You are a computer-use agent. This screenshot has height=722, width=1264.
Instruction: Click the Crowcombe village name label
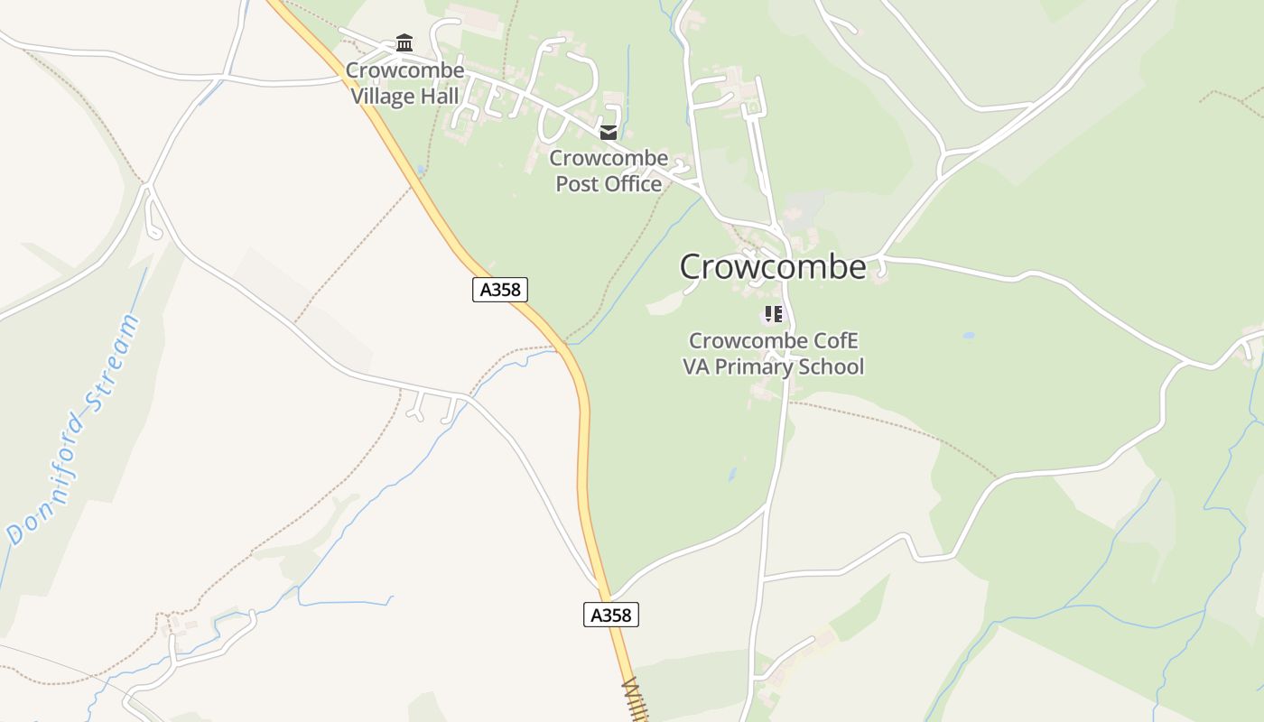click(x=773, y=267)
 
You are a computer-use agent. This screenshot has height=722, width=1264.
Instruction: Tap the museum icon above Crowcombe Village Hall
click(x=404, y=43)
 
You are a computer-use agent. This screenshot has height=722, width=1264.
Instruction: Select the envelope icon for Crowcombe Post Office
click(x=609, y=133)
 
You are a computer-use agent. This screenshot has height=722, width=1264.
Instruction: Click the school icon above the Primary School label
click(x=773, y=314)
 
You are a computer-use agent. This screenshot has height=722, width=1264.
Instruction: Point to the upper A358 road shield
click(x=499, y=290)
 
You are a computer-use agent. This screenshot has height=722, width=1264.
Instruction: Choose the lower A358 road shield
click(x=610, y=615)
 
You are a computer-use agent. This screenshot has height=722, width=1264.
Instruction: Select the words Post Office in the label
click(x=609, y=183)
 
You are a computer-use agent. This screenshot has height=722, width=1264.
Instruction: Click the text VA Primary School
click(x=773, y=366)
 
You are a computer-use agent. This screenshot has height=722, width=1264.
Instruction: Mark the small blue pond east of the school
click(x=969, y=336)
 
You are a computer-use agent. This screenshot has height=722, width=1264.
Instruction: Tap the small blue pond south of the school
click(x=732, y=474)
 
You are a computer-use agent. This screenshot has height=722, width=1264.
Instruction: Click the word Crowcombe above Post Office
click(x=609, y=158)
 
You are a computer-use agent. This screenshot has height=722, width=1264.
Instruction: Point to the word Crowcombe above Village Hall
click(x=404, y=70)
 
